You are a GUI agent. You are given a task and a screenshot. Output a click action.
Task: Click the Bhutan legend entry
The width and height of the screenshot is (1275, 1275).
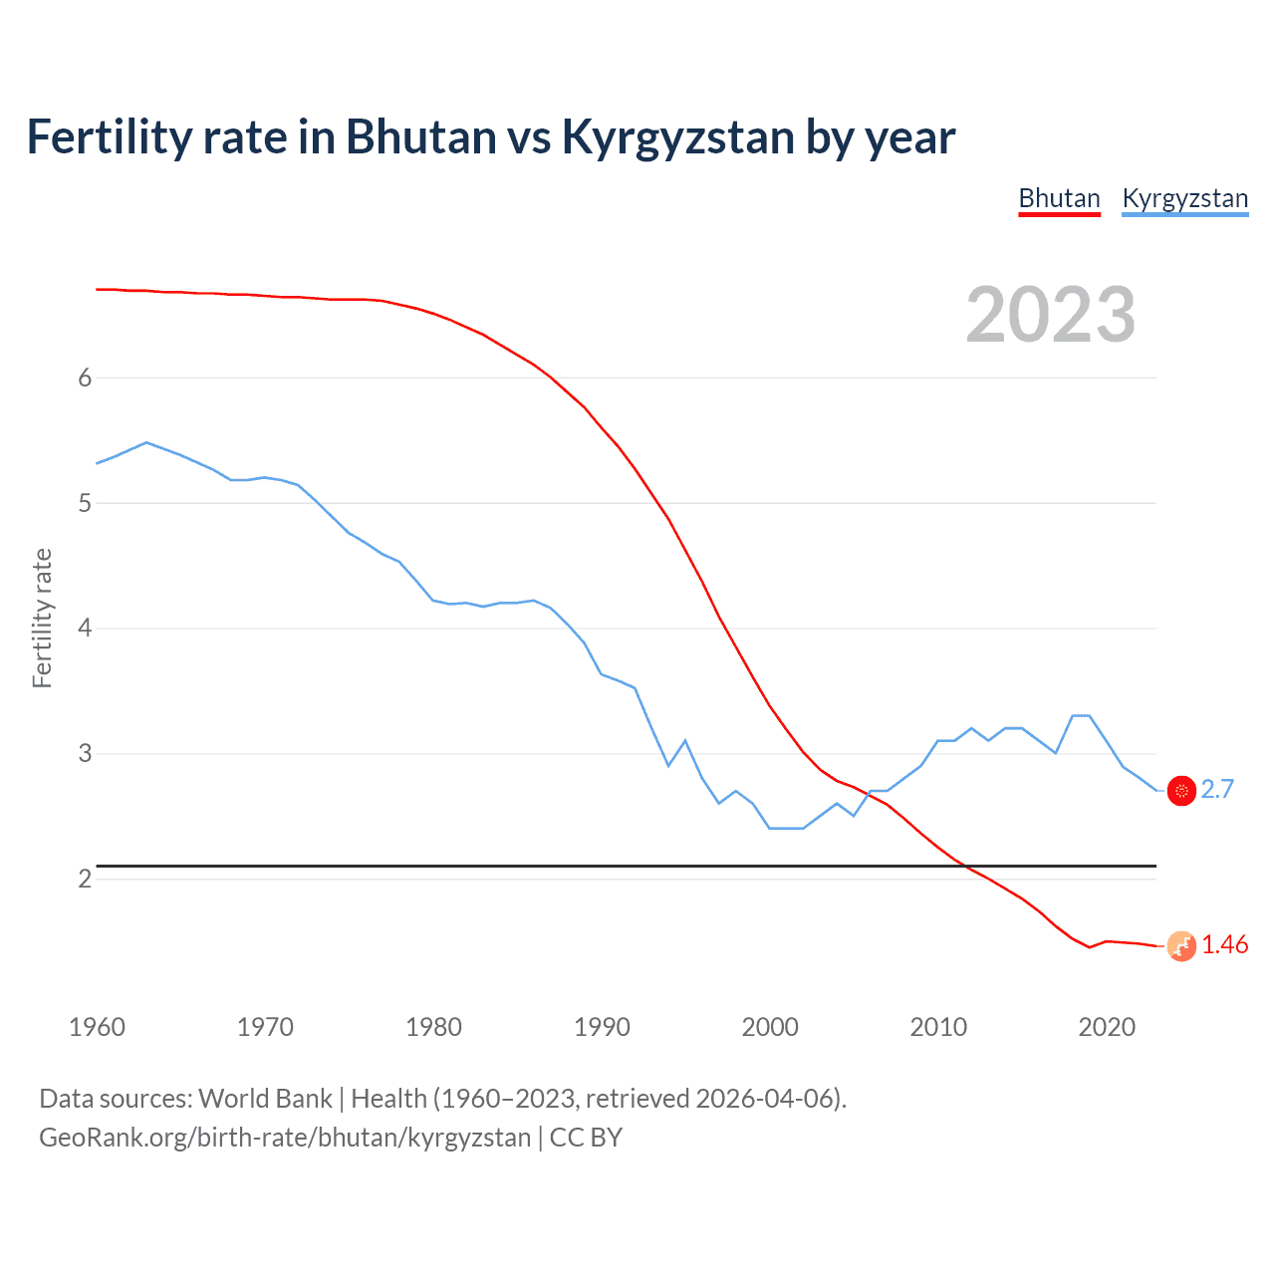coord(1059,198)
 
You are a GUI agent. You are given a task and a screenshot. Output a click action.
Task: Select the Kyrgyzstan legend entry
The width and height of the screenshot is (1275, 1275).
coord(1184,198)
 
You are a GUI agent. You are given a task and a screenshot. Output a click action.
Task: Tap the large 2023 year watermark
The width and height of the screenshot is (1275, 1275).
coord(1050,315)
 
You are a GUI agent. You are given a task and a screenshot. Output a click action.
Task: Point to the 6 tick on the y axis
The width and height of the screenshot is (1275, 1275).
coord(85,378)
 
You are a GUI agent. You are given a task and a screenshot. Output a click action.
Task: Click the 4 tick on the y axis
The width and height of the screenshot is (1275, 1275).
coord(85,628)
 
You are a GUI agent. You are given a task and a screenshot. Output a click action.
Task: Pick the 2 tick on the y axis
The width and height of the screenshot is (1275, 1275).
coord(85,879)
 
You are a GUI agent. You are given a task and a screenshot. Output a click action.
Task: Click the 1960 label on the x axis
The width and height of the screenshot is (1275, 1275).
coord(97,1027)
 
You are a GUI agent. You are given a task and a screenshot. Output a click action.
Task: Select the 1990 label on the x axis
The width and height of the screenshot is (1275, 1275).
coord(602,1027)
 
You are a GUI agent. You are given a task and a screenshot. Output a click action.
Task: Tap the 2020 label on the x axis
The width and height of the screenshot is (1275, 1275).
coord(1107,1027)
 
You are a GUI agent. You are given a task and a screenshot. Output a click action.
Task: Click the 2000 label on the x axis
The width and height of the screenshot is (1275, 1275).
coord(770,1027)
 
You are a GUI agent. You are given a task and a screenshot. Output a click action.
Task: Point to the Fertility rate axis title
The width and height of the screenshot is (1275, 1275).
coord(42,618)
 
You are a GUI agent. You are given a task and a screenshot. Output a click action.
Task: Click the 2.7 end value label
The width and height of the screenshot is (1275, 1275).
coord(1217,789)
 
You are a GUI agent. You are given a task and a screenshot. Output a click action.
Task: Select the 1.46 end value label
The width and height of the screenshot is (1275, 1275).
coord(1224,944)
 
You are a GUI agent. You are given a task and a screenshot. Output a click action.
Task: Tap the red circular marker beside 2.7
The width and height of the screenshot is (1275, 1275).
coord(1181,791)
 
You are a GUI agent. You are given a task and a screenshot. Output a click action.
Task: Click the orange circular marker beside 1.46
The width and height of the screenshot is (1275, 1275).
coord(1181,946)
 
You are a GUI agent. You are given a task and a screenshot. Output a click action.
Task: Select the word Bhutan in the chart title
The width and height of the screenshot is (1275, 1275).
coord(420,137)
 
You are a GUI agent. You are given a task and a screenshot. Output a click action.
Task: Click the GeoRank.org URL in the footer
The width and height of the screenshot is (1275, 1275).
coord(285,1138)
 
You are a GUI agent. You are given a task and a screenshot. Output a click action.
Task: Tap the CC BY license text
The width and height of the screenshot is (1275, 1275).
coord(586,1138)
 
